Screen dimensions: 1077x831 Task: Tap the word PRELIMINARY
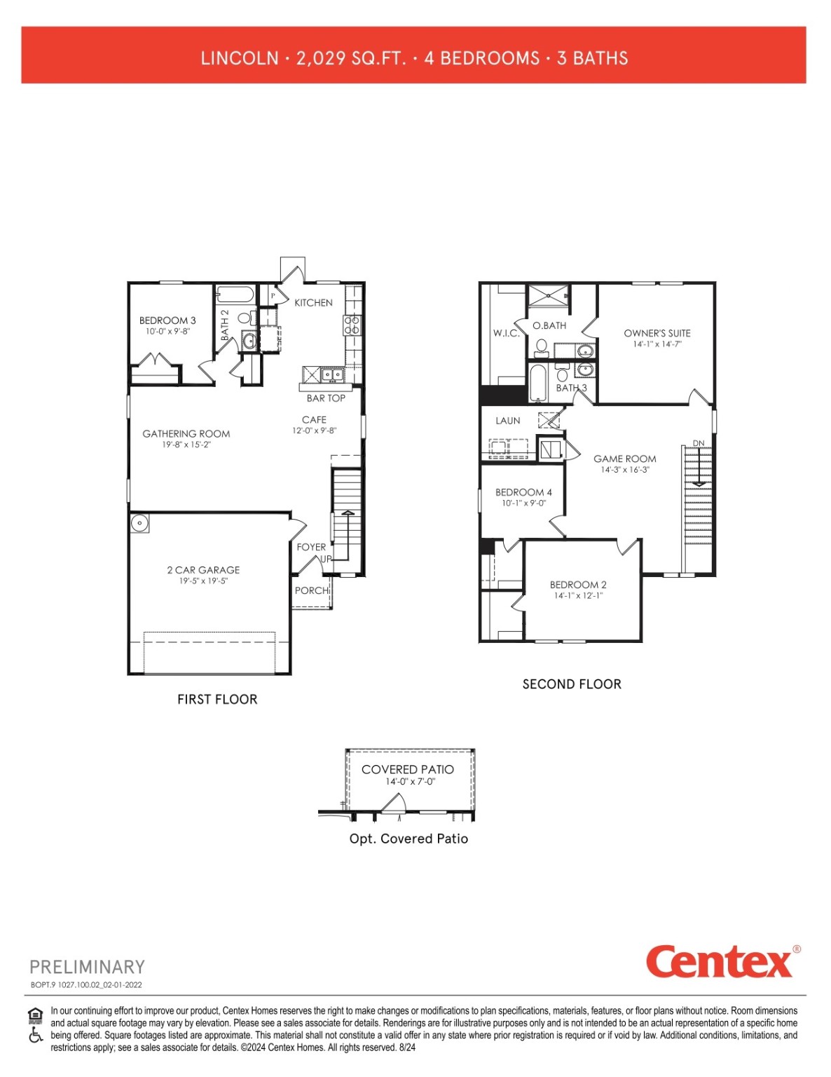[x=87, y=967]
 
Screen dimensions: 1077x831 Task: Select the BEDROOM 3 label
[x=167, y=320]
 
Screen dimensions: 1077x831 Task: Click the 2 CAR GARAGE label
[x=203, y=570]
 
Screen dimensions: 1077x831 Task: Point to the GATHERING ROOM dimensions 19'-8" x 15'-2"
[x=186, y=445]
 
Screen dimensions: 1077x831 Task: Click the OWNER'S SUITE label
[x=657, y=333]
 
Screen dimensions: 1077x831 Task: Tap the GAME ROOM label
[x=624, y=459]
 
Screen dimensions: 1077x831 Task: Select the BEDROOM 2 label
[x=578, y=585]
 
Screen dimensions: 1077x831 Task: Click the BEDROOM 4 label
[x=523, y=492]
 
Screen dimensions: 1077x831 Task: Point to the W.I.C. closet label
[x=506, y=333]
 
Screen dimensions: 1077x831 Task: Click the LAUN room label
[x=507, y=421]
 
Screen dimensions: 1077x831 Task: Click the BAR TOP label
[x=326, y=398]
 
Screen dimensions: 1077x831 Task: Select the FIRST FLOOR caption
[x=217, y=699]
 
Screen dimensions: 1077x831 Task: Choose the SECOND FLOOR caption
[x=572, y=684]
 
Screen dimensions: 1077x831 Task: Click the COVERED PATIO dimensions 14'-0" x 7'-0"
[x=410, y=781]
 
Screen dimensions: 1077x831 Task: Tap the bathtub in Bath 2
[x=235, y=294]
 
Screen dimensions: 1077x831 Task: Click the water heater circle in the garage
[x=139, y=523]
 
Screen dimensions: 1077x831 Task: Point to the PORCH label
[x=312, y=590]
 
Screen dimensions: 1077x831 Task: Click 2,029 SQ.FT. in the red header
[x=351, y=58]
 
